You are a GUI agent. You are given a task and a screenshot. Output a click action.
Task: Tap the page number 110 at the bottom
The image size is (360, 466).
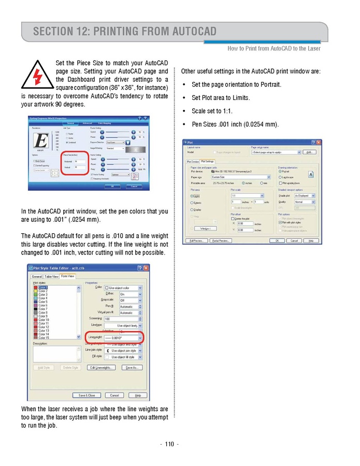click(x=169, y=444)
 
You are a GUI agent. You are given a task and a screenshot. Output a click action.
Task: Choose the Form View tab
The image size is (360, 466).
click(x=68, y=276)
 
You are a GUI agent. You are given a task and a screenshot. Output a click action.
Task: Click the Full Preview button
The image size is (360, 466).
click(x=197, y=241)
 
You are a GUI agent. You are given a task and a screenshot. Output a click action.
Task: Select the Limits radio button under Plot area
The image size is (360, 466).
click(x=192, y=196)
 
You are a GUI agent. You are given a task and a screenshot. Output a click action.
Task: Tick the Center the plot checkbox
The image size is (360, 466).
click(x=233, y=219)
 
